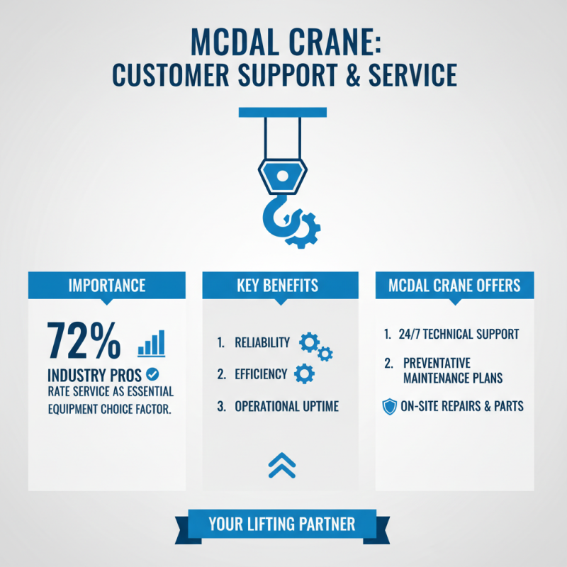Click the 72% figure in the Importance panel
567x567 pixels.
[x=84, y=342]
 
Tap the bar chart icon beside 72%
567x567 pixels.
[x=151, y=343]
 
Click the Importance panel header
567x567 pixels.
[x=107, y=286]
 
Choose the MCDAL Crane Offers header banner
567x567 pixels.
[x=454, y=286]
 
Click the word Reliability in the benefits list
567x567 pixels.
[x=262, y=343]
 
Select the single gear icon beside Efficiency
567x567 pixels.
[x=304, y=373]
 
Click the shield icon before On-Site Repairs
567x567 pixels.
[x=389, y=406]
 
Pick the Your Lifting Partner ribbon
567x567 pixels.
[x=282, y=524]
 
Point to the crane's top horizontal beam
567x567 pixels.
[x=283, y=111]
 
